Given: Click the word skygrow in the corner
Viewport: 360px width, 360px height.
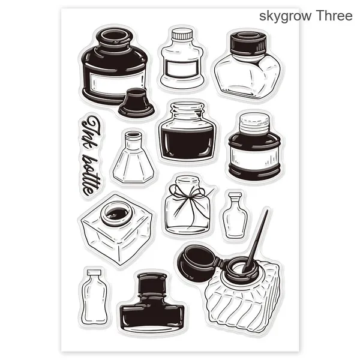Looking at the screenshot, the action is click(x=286, y=16).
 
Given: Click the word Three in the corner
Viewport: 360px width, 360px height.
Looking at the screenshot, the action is click(x=334, y=16).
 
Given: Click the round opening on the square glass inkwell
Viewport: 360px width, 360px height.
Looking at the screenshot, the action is click(x=117, y=214).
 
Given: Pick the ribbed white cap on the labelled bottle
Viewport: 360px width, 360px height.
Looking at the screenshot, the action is click(x=182, y=34).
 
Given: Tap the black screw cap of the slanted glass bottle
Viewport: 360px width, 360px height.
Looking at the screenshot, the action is click(x=248, y=43).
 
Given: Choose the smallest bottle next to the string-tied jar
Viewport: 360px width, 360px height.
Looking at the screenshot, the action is click(x=235, y=215).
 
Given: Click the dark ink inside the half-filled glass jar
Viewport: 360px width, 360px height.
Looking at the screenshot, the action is click(x=187, y=142).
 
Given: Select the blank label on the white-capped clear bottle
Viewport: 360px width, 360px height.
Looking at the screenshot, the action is click(x=182, y=68).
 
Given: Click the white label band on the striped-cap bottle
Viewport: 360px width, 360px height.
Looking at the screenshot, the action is click(x=254, y=157).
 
